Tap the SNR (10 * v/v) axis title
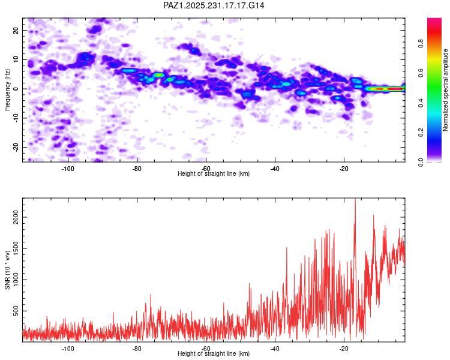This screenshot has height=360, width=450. (8, 270)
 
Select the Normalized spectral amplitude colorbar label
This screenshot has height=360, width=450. (446, 90)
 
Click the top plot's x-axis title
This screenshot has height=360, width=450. (214, 173)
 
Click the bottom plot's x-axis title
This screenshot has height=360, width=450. (214, 353)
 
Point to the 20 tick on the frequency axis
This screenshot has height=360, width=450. (16, 30)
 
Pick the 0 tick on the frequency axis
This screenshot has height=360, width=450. (18, 89)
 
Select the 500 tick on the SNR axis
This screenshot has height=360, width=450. (16, 312)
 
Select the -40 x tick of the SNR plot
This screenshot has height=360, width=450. (275, 349)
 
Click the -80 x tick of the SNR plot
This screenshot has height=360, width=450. (137, 349)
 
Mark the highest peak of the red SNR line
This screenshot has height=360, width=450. (355, 199)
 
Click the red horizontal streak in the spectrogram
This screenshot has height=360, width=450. (387, 89)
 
